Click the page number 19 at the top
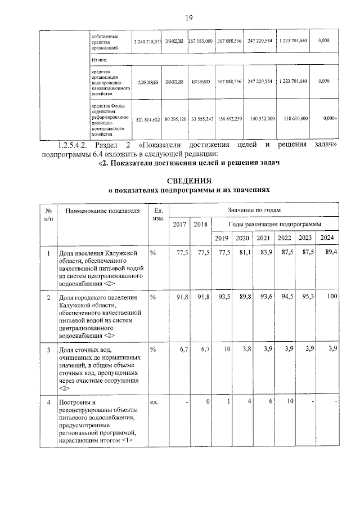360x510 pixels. [189, 18]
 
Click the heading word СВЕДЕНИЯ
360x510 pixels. [188, 181]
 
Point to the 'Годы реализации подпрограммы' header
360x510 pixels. [274, 224]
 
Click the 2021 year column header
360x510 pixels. [263, 238]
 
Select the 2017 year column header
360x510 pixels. [179, 225]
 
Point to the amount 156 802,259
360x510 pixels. [229, 120]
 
